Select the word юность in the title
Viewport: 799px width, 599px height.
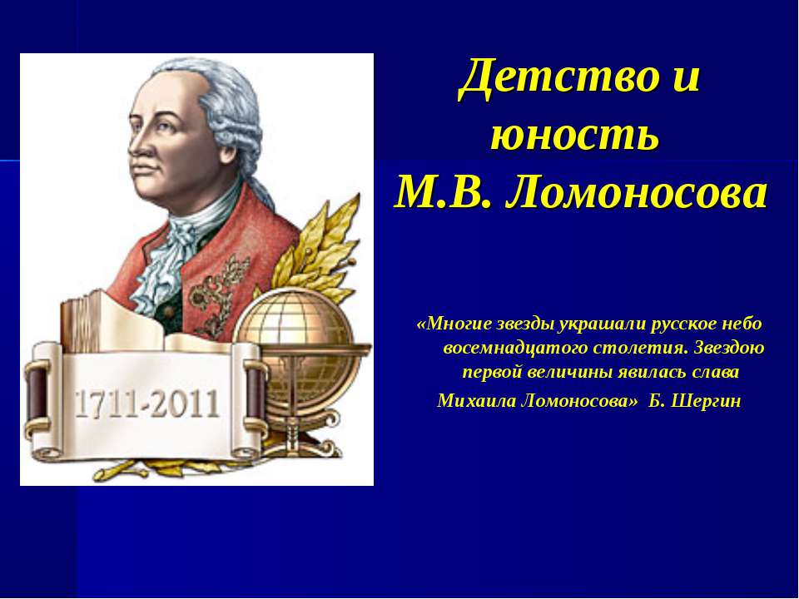point(575,135)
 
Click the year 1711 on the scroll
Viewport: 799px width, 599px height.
point(105,404)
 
